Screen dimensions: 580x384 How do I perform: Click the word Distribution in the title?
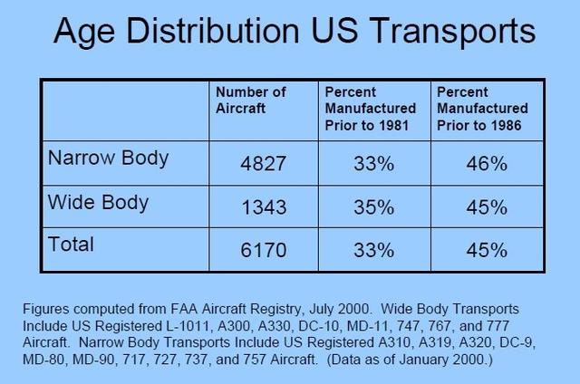tap(212, 31)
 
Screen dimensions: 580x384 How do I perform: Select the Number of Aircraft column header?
tap(250, 101)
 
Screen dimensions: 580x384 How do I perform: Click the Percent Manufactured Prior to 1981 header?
tap(371, 109)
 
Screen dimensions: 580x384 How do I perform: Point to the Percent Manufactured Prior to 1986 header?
tap(482, 109)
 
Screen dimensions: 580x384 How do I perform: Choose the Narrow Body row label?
tap(108, 158)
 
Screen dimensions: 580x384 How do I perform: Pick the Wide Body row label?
tap(98, 203)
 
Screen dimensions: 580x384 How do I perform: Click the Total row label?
tap(71, 245)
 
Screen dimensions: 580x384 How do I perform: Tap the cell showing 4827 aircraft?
tap(264, 163)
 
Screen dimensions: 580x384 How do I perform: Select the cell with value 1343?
tap(264, 207)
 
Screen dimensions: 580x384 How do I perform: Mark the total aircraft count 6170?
tap(264, 250)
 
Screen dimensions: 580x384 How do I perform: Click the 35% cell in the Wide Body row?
tap(374, 207)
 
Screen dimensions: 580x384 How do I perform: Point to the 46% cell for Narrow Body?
tap(487, 163)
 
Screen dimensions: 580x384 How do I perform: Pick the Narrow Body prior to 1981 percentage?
tap(374, 163)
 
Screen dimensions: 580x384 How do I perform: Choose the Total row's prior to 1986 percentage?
tap(487, 250)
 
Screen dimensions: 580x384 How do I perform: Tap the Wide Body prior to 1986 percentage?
tap(487, 207)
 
